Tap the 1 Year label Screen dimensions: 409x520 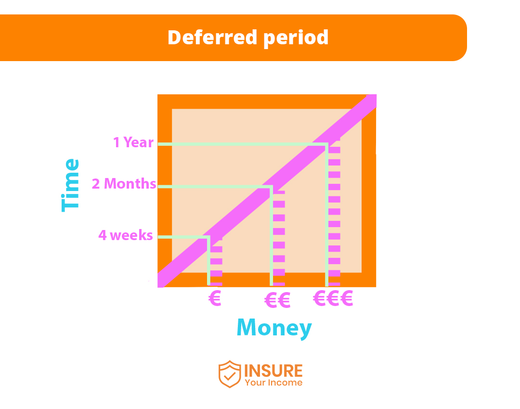click(133, 142)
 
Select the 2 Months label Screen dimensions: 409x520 click(124, 184)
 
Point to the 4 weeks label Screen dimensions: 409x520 click(126, 235)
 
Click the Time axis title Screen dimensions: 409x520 click(70, 185)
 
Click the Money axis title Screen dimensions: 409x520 click(274, 328)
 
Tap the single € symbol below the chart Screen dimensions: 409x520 click(215, 299)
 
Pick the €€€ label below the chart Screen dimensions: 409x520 click(333, 299)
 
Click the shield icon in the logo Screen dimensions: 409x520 click(229, 374)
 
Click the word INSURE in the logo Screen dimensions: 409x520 click(273, 371)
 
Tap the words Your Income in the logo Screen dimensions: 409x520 click(273, 383)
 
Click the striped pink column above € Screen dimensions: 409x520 click(217, 262)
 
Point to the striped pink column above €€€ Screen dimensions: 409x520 click(334, 212)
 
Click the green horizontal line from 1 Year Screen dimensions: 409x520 click(241, 144)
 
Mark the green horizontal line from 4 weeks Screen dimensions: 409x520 click(183, 237)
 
